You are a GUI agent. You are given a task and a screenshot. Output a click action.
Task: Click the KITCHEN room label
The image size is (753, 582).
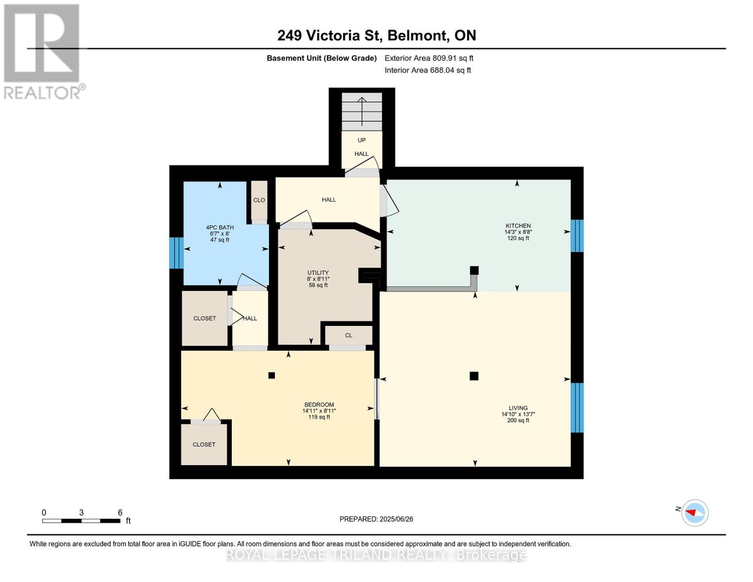[518, 226]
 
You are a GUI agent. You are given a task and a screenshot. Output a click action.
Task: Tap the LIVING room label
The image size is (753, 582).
[518, 408]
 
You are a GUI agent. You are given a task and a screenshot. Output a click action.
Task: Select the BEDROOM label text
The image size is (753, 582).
[319, 404]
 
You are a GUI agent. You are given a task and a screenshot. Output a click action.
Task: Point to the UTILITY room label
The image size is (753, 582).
[318, 273]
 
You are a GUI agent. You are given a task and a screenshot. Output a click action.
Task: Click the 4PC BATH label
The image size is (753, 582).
[220, 227]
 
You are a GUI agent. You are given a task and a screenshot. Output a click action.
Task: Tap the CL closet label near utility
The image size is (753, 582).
[348, 335]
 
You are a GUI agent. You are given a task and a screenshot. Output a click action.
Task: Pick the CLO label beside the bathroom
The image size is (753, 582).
[259, 200]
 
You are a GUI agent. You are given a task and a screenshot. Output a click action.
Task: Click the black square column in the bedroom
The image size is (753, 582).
[272, 375]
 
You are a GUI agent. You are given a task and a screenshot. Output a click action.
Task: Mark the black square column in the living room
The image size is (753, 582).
[474, 376]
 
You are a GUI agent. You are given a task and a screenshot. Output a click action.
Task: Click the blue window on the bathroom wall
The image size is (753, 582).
[176, 253]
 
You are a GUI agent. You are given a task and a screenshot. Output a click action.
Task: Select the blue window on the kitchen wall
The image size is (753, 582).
[577, 236]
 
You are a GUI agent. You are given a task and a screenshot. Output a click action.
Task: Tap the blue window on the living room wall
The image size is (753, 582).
[577, 408]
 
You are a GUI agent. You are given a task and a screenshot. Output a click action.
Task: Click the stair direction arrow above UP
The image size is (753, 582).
[362, 111]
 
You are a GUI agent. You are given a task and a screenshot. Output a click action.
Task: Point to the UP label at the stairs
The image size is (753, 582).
[361, 140]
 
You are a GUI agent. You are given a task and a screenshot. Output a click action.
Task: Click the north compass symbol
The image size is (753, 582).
[694, 513]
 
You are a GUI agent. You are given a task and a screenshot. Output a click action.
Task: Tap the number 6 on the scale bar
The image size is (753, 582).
[120, 512]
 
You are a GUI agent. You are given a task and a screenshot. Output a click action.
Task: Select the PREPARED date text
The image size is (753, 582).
[376, 519]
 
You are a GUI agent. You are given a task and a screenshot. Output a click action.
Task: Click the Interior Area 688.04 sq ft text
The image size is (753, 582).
[428, 70]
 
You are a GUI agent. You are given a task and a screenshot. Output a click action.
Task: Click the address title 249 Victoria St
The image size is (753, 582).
[328, 35]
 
